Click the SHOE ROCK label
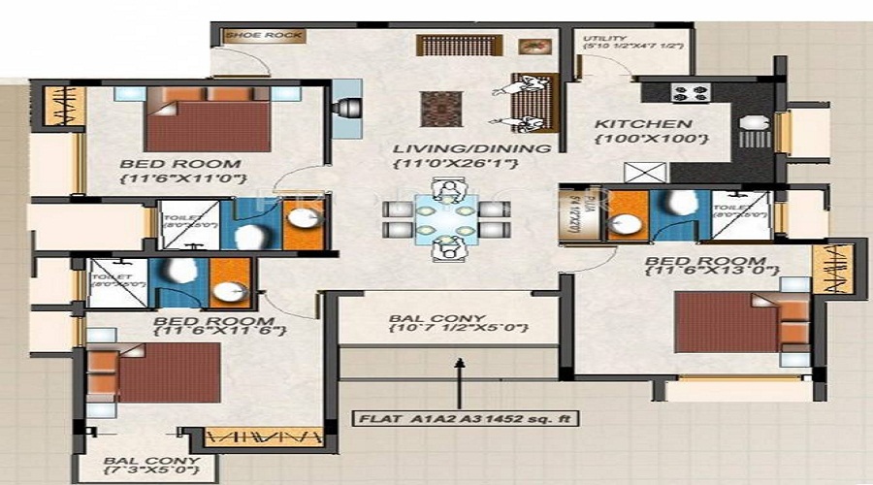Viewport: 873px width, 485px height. click(x=250, y=36)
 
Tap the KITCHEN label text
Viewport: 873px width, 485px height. click(x=643, y=124)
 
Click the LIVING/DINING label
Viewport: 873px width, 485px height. click(x=471, y=149)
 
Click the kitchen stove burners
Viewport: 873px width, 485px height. click(x=690, y=94)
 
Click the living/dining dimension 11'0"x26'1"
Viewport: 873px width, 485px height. click(x=455, y=165)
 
